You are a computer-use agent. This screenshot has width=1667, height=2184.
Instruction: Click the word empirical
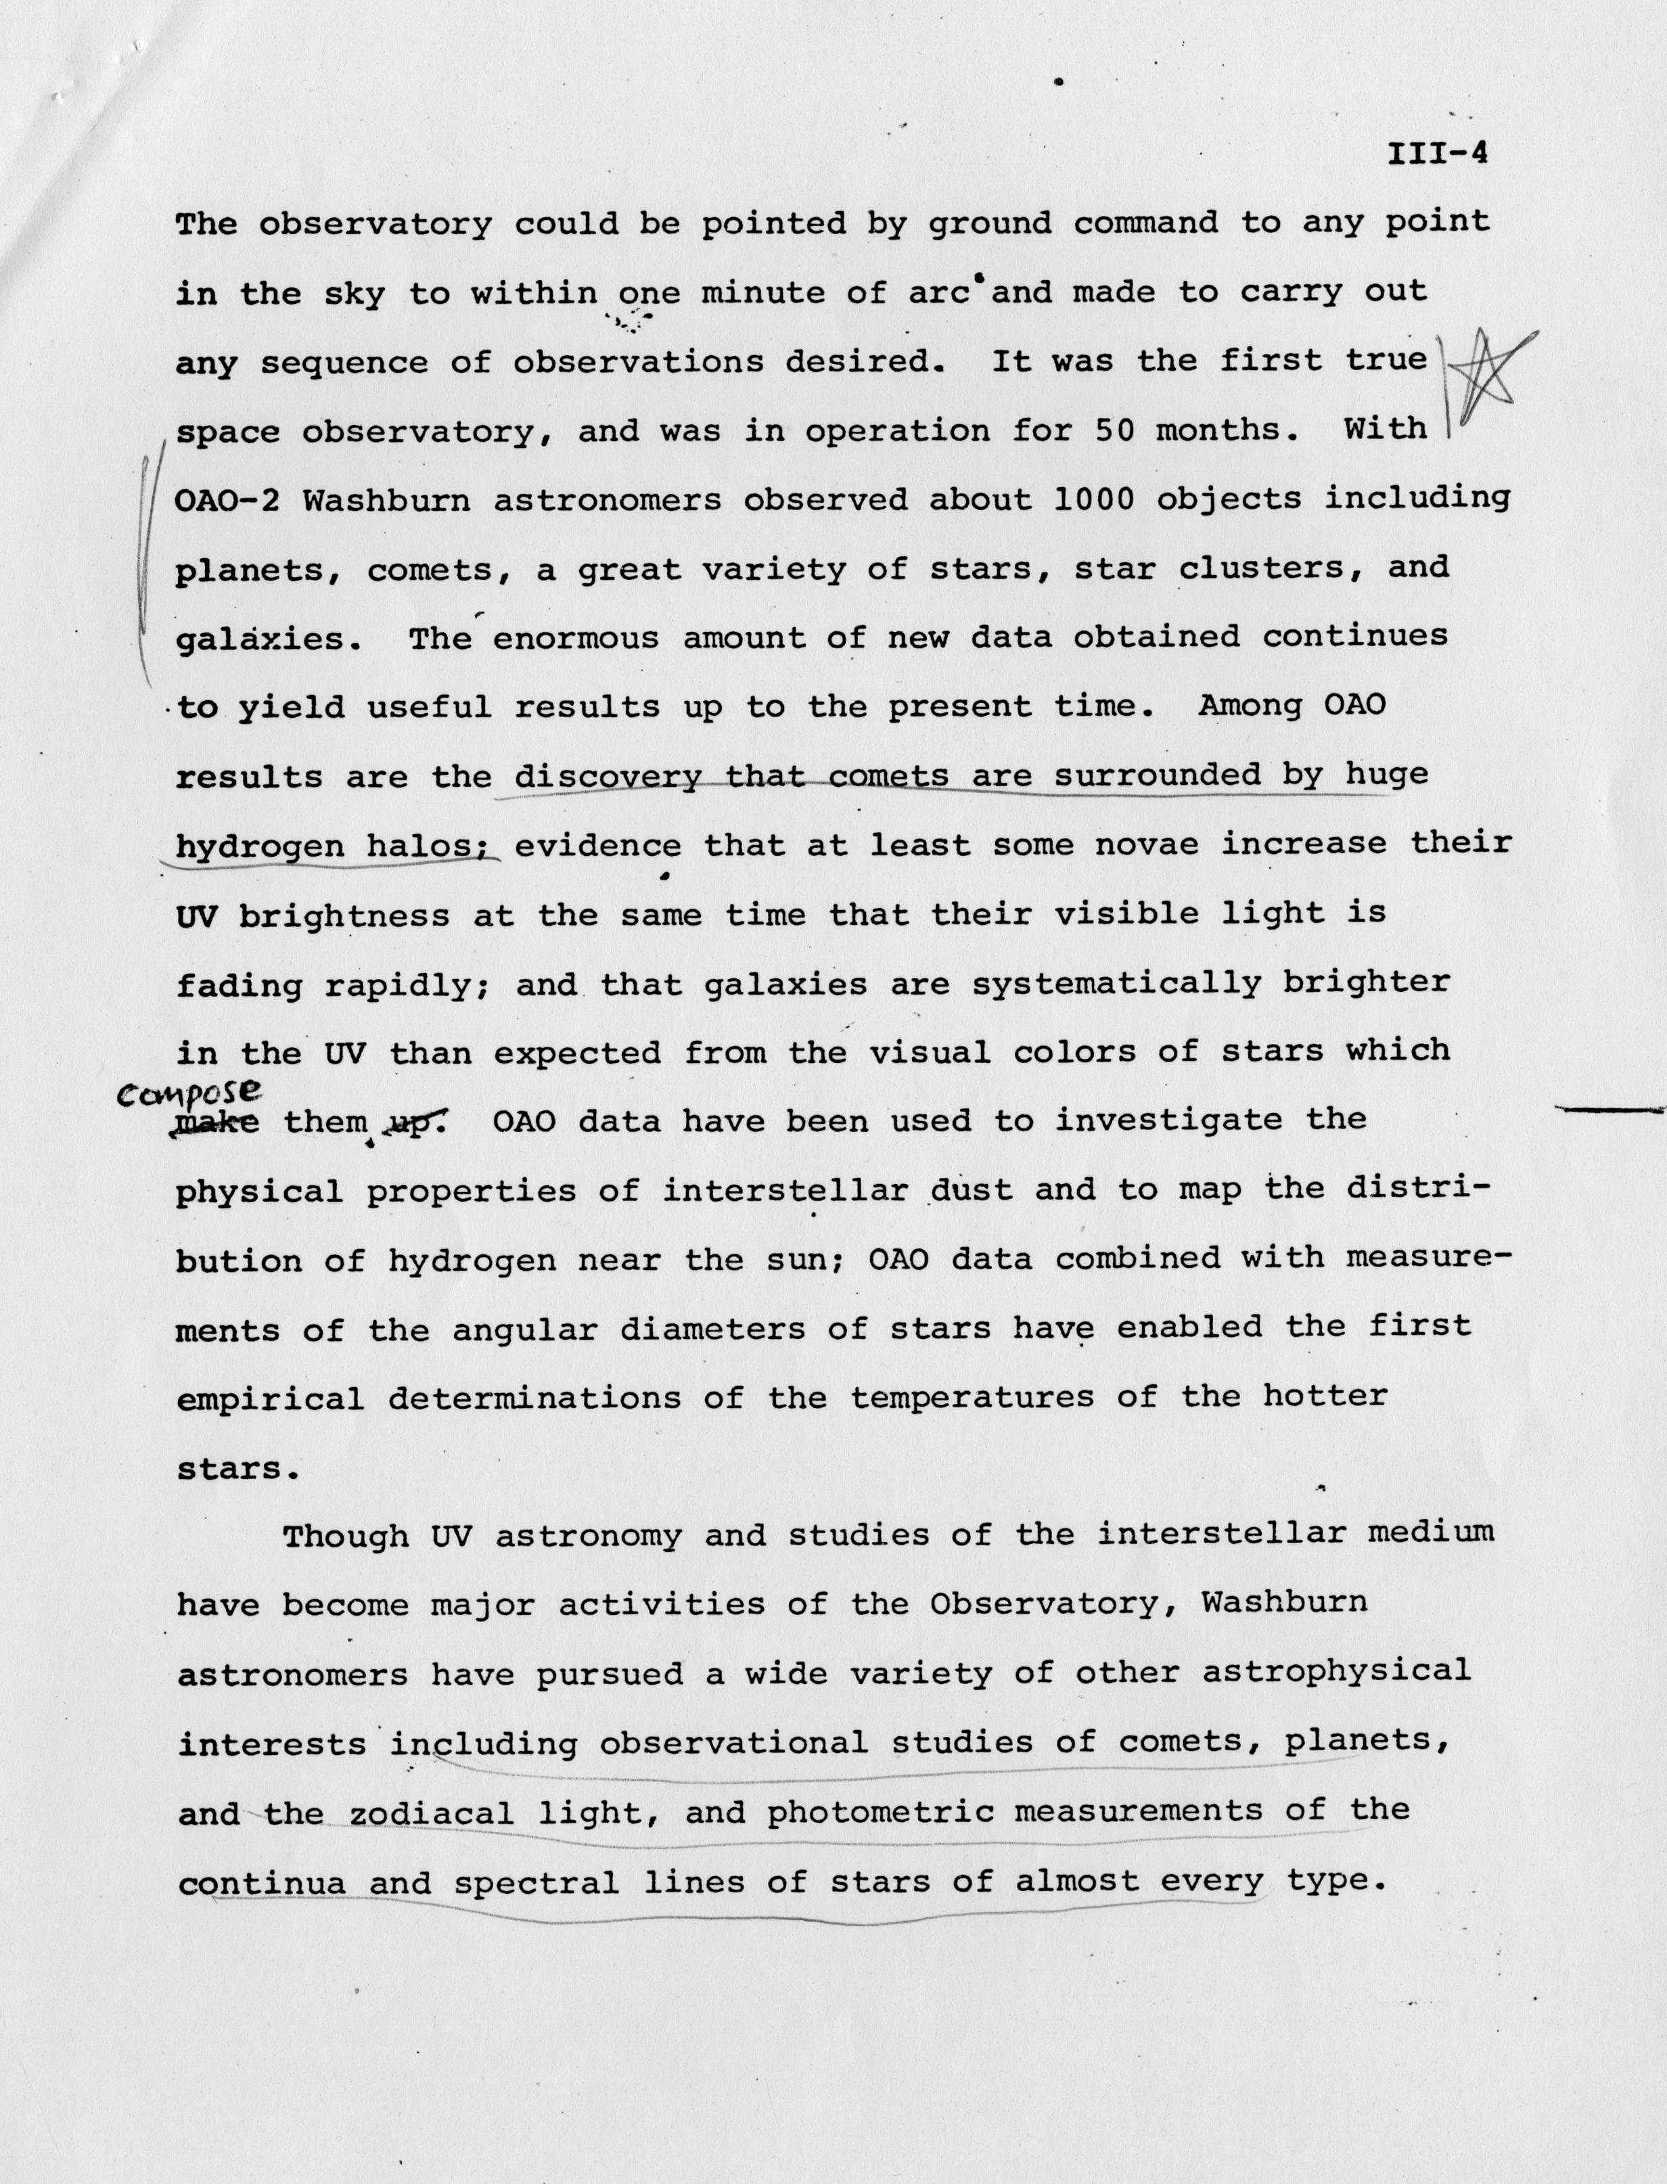tap(270, 1399)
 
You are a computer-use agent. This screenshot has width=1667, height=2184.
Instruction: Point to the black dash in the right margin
tap(1612, 1110)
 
